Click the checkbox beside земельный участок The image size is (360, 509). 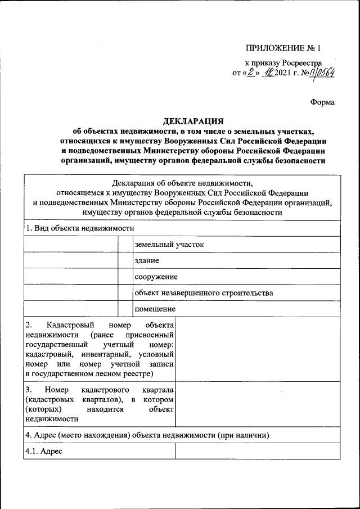click(124, 245)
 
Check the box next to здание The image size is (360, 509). click(124, 261)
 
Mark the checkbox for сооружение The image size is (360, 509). click(124, 277)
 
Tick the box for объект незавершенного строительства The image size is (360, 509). click(124, 293)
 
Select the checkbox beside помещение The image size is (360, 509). click(124, 309)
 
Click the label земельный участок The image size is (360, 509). click(165, 245)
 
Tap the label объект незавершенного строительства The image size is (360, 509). click(204, 293)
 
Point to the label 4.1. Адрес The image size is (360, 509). click(43, 452)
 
